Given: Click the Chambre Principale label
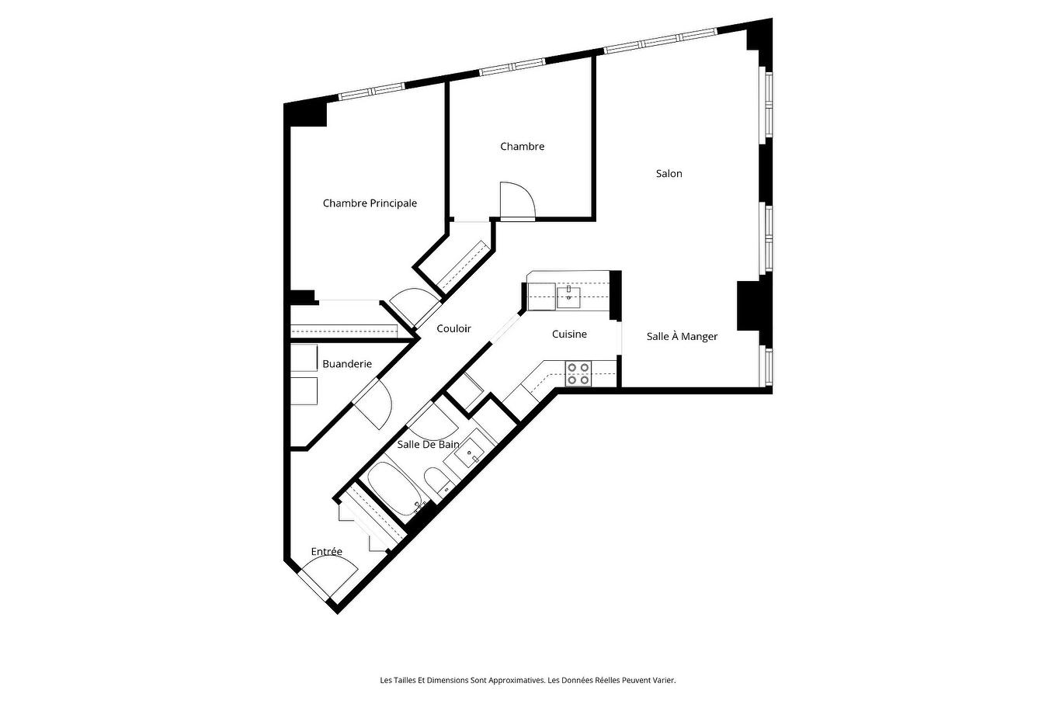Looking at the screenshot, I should pos(370,203).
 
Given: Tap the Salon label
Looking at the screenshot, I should pos(669,174).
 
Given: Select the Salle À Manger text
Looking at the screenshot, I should pos(682,337).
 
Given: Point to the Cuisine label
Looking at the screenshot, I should pos(569,335).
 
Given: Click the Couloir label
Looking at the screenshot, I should pos(453,329).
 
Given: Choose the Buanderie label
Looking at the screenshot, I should pos(347,364).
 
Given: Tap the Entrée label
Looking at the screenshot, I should pos(326,552).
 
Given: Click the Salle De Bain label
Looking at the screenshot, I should pos(428,445).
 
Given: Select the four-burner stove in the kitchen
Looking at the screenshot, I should pos(578,373).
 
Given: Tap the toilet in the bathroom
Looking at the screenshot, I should pos(437,480).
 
